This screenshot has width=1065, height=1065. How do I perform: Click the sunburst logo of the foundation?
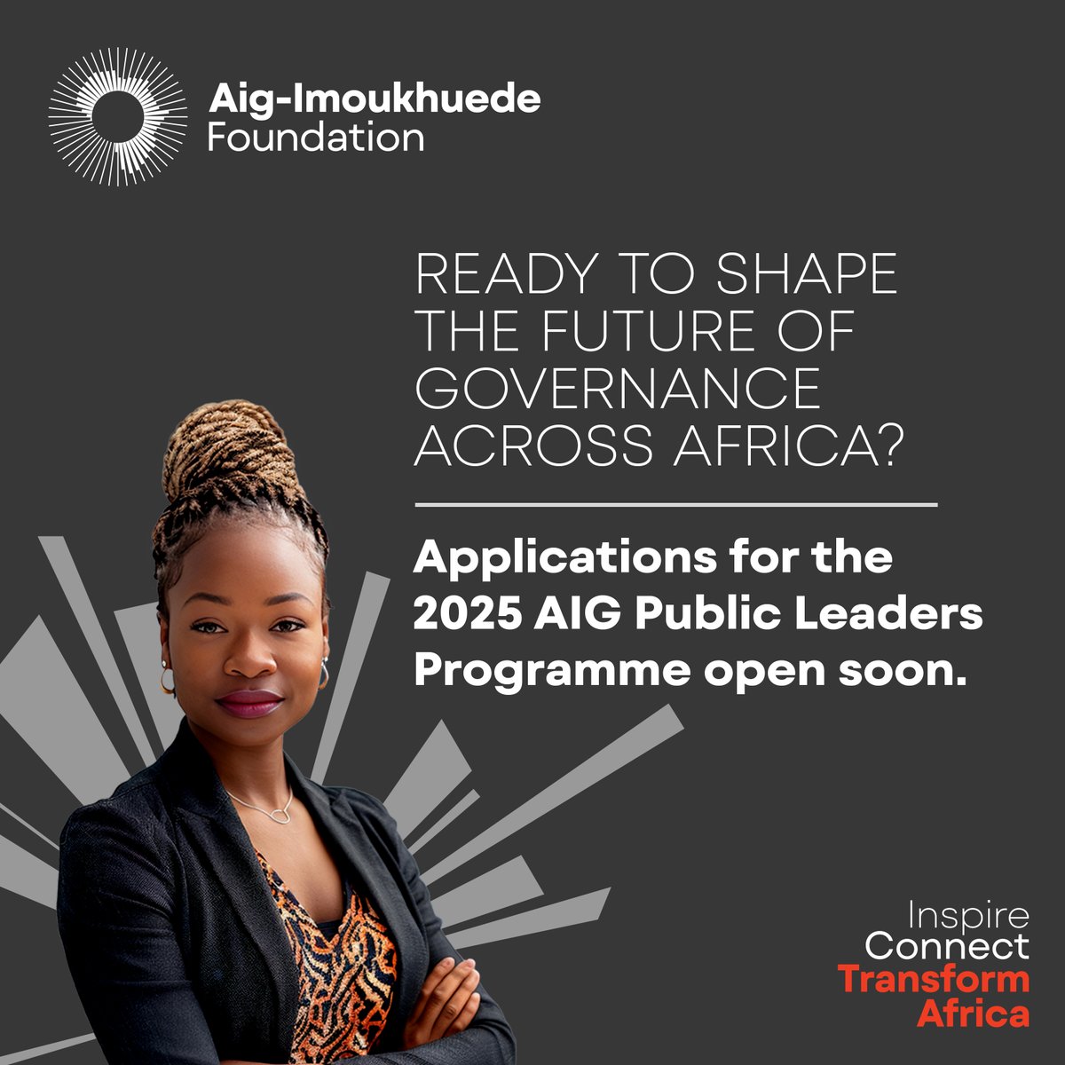coord(117,116)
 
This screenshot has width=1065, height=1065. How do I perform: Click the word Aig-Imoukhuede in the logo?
coord(374,99)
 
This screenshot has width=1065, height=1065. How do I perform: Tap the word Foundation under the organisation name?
coord(315,138)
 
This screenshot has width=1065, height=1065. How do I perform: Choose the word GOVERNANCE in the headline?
coord(618,390)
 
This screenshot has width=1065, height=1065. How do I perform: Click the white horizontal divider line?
coord(675,505)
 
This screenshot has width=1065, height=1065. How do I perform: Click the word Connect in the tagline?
coord(946,947)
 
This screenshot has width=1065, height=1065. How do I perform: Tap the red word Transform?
coord(934,980)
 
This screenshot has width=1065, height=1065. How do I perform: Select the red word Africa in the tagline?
coord(973,1013)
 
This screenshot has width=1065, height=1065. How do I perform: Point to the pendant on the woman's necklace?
coord(281,813)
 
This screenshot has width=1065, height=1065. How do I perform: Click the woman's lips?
coord(249,702)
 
